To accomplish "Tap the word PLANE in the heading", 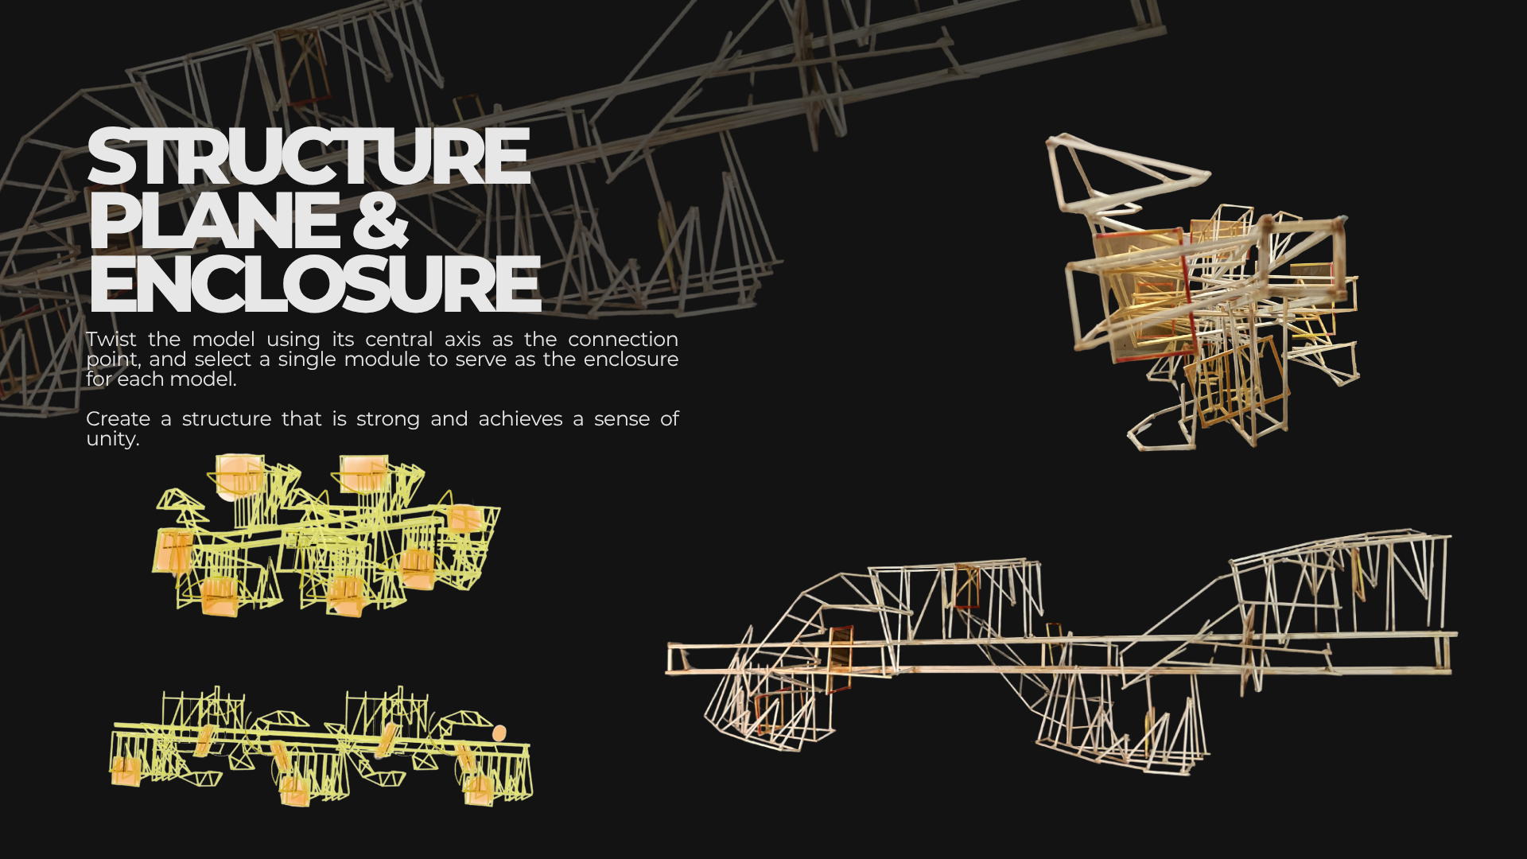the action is point(213,220).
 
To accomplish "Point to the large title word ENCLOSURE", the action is point(314,283).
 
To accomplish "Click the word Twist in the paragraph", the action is point(111,340).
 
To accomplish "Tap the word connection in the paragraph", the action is point(623,340).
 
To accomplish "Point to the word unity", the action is point(112,439).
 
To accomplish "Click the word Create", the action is point(118,419).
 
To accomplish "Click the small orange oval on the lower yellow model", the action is point(499,733).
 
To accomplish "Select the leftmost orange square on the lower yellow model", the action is point(125,772).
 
